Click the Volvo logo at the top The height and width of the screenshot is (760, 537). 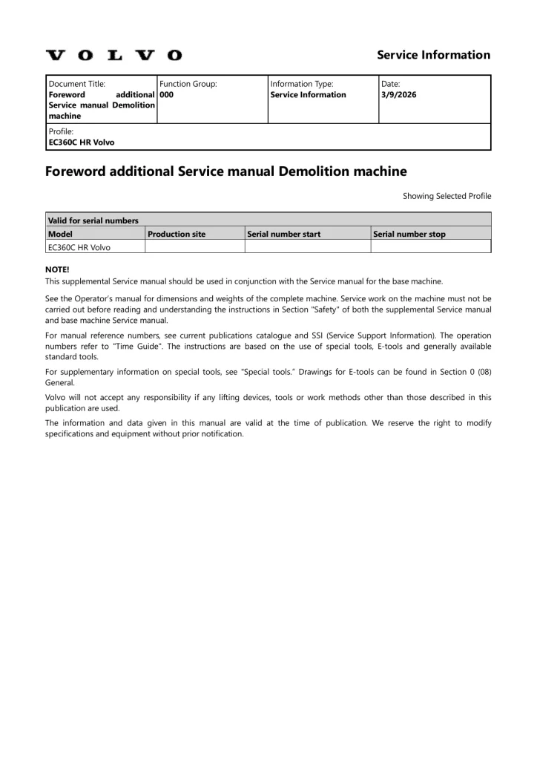[x=113, y=55]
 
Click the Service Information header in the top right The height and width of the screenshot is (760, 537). [x=433, y=55]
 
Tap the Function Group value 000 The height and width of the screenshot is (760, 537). [x=167, y=95]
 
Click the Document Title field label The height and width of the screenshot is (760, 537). [x=76, y=84]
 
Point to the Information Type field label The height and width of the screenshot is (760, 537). [x=302, y=84]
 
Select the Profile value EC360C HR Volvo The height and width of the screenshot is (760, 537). [x=81, y=142]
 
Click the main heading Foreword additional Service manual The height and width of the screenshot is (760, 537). [x=226, y=171]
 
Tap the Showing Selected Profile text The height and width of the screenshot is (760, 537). [x=447, y=196]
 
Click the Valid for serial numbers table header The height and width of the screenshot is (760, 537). [x=93, y=220]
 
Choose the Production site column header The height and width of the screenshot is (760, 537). [x=177, y=234]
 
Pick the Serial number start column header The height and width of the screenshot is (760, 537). [x=284, y=234]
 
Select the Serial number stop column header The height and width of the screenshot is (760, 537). [x=409, y=234]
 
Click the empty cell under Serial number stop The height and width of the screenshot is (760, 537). [x=430, y=247]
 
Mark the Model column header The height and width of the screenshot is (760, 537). [x=60, y=234]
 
